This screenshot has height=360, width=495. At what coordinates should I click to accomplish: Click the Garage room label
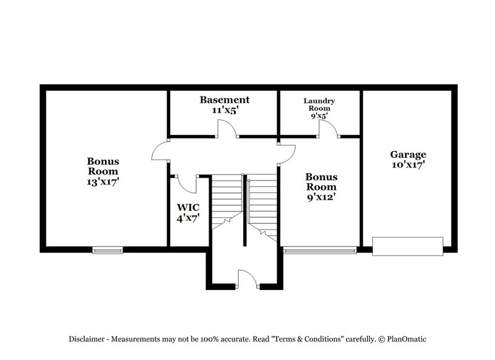point(407,154)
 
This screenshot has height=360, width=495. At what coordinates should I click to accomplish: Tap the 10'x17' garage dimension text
point(407,165)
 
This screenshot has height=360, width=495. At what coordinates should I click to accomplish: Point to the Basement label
point(224,100)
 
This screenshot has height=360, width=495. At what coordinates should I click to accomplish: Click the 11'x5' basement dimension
point(224,111)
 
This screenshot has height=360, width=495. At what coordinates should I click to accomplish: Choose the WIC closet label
point(189,207)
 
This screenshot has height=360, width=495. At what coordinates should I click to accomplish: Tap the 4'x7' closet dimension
point(189,218)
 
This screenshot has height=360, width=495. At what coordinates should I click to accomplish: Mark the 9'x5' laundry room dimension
point(319,114)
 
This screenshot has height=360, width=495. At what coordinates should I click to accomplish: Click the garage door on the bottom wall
point(408,246)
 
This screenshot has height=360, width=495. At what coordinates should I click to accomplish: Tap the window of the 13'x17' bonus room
point(108,250)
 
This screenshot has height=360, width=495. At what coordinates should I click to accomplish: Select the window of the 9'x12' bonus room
point(320,251)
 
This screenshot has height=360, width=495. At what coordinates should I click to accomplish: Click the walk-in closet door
point(187,183)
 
